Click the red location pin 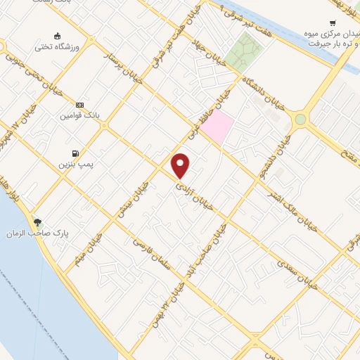tap(181, 166)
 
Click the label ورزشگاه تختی tap(57, 47)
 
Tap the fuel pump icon tap(74, 153)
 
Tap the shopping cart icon tap(333, 22)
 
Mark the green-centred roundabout tap(300, 120)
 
